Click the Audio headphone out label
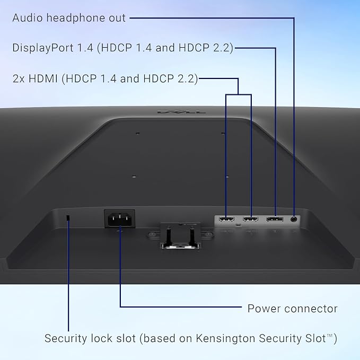pyautogui.click(x=69, y=18)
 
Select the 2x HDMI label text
pyautogui.click(x=35, y=79)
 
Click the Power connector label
pyautogui.click(x=293, y=309)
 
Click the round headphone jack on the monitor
pyautogui.click(x=294, y=219)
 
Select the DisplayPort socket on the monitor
pyautogui.click(x=275, y=219)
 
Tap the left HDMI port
pyautogui.click(x=226, y=219)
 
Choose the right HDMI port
pyautogui.click(x=250, y=219)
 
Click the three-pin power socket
pyautogui.click(x=120, y=219)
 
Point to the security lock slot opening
pyautogui.click(x=68, y=218)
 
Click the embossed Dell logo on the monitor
pyautogui.click(x=182, y=112)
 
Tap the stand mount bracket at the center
pyautogui.click(x=180, y=236)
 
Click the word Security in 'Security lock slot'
pyautogui.click(x=66, y=338)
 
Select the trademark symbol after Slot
pyautogui.click(x=330, y=336)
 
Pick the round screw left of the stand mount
pyautogui.click(x=152, y=234)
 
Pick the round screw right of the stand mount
pyautogui.click(x=209, y=234)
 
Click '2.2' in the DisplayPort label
pyautogui.click(x=222, y=48)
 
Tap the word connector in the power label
pyautogui.click(x=311, y=309)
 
